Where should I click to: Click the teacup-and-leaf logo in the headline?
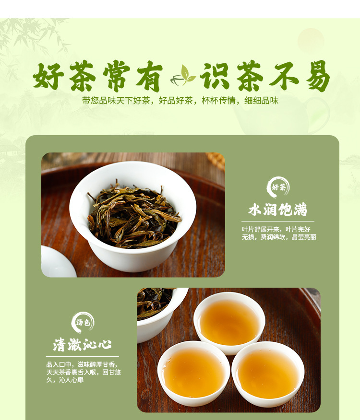(183, 76)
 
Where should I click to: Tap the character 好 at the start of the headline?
(48, 76)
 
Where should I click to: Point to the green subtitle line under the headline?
(180, 101)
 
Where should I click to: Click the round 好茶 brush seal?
(278, 187)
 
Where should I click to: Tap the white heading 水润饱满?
(277, 209)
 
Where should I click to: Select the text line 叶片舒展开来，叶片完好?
(276, 229)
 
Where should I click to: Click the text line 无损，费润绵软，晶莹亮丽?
(279, 237)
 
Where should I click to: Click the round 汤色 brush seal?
(83, 323)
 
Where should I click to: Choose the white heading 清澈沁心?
(82, 344)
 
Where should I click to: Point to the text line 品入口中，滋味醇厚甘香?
(82, 364)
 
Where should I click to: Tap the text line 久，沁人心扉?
(65, 380)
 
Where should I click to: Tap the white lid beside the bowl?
(58, 262)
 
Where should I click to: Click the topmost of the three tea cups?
(229, 323)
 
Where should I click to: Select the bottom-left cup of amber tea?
(194, 373)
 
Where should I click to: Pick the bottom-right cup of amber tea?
(268, 373)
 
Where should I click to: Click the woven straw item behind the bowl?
(216, 161)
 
